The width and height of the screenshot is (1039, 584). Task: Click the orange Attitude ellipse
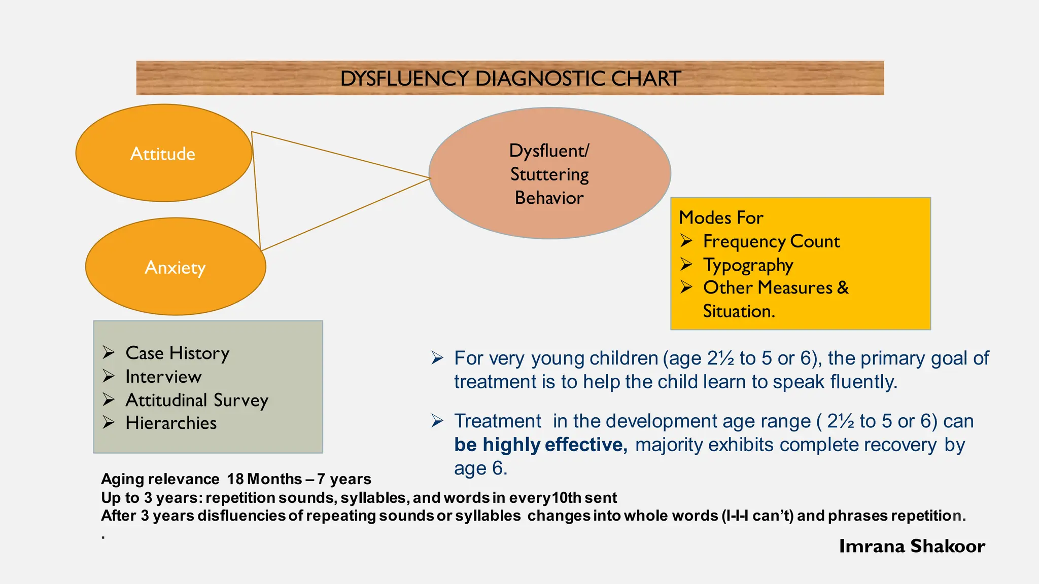[x=163, y=153]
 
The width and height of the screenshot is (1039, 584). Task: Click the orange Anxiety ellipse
[x=176, y=267]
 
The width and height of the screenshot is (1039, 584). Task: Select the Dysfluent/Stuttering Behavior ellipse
[x=549, y=173]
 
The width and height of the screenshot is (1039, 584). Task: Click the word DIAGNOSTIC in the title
[x=541, y=79]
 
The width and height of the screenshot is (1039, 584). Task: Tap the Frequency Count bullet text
[x=771, y=241]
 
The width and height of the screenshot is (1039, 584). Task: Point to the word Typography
[x=748, y=265]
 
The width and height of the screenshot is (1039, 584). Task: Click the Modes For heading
[x=721, y=217]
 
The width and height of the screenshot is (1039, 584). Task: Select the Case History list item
[x=178, y=353]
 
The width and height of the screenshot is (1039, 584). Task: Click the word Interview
[x=163, y=377]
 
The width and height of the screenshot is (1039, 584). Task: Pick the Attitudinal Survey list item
[x=197, y=400]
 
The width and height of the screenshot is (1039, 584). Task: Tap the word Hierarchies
[x=171, y=423]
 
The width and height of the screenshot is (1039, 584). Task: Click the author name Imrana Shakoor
[x=912, y=546]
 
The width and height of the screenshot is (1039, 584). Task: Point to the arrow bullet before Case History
[x=109, y=352]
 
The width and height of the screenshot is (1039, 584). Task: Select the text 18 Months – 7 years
[x=299, y=479]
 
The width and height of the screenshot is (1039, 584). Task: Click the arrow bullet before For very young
[x=437, y=358]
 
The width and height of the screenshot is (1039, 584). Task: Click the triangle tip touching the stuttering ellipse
[x=429, y=178]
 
